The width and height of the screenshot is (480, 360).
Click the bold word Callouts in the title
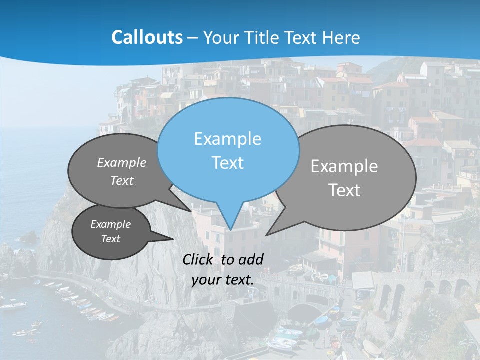[147, 37]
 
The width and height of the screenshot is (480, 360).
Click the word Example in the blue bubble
[227, 139]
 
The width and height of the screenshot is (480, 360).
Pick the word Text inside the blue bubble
[227, 163]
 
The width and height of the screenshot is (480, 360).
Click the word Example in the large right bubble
[344, 166]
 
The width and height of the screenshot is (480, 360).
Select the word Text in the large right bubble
[344, 190]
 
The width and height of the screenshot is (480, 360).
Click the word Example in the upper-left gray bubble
[122, 162]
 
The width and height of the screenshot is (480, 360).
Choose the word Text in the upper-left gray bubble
[122, 180]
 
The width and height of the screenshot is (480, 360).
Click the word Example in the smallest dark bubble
[111, 224]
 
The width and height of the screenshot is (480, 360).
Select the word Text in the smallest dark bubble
[111, 239]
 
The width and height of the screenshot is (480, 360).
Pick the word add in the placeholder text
[251, 259]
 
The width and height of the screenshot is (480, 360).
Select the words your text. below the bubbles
[223, 280]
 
